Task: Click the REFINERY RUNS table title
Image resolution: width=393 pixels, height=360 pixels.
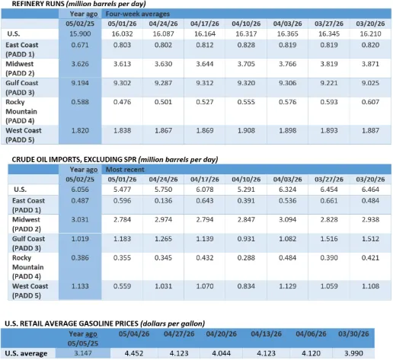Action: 78,4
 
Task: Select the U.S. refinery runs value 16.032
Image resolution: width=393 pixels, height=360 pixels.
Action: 122,33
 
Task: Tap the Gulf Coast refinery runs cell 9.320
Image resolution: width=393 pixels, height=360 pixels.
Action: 246,83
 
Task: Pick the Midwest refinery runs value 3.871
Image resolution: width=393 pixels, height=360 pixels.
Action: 370,64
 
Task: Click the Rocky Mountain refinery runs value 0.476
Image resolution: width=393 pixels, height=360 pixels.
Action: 122,102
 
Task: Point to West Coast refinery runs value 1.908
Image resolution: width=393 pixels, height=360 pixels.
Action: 246,130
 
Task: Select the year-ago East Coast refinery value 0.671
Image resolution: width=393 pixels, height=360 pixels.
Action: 80,45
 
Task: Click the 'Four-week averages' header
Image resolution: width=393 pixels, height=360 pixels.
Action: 138,14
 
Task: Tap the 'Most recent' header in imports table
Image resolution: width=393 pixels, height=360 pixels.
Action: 125,170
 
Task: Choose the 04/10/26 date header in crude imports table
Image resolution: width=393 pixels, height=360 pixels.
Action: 246,180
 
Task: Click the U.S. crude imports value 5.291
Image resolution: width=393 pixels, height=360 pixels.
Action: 246,190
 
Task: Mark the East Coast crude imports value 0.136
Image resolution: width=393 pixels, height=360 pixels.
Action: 163,201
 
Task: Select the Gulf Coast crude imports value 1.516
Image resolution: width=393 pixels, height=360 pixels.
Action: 329,239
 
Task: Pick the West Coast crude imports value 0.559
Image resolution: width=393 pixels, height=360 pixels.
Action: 122,286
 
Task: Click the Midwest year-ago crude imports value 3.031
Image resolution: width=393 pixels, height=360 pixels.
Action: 80,219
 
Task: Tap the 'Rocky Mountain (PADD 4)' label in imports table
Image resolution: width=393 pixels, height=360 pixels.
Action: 28,267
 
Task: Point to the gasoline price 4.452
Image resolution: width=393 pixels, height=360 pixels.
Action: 134,353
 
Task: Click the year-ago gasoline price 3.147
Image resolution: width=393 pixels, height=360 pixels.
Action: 83,353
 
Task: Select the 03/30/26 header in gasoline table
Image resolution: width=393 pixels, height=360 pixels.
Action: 353,334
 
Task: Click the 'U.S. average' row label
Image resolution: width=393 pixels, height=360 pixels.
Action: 26,353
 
